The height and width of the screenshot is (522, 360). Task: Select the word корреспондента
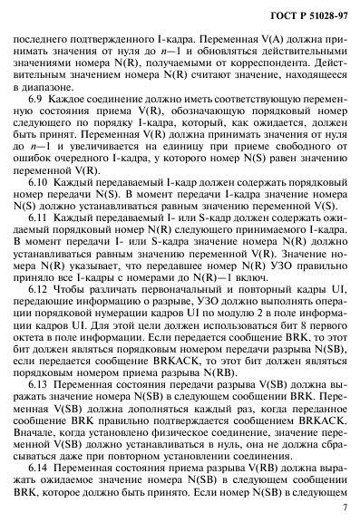pos(286,72)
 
